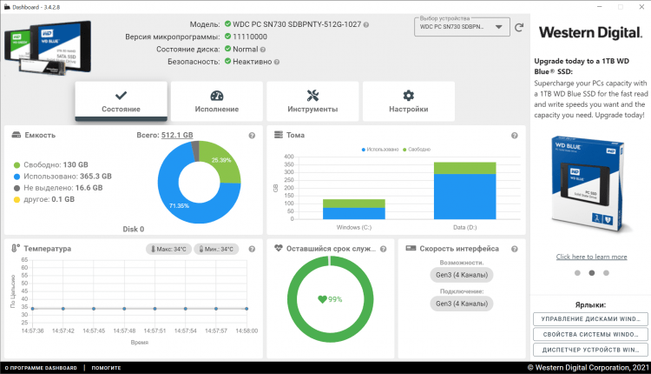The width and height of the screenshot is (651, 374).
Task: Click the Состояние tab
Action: (121, 101)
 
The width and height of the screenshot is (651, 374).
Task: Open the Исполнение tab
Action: (217, 101)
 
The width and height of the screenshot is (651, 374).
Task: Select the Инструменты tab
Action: (312, 101)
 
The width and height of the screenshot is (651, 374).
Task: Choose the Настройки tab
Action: (408, 101)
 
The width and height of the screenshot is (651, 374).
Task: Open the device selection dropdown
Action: (462, 27)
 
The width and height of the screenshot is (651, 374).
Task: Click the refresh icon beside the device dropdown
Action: (519, 27)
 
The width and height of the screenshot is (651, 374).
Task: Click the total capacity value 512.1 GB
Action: (177, 136)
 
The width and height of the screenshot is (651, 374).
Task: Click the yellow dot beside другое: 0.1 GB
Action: (16, 199)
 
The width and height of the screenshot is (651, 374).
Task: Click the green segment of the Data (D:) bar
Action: (464, 167)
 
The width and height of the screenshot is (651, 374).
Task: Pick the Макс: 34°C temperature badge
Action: (168, 249)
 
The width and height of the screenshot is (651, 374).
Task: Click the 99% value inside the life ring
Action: (331, 299)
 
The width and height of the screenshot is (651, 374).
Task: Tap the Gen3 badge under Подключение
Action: (460, 304)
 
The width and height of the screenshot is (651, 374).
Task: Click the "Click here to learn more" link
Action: (591, 257)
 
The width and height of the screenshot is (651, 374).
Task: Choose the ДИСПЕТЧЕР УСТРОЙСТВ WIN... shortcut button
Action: (590, 350)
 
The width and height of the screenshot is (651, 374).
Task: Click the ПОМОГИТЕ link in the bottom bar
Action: (106, 368)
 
